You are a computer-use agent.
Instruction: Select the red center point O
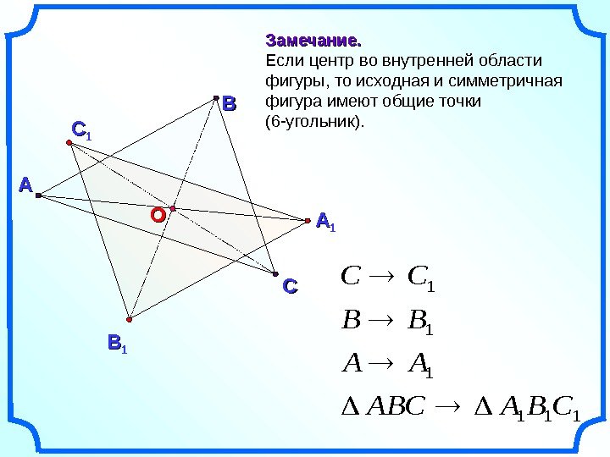[x=172, y=207]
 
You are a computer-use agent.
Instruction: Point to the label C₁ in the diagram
[x=82, y=130]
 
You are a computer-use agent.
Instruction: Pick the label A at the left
[x=25, y=184]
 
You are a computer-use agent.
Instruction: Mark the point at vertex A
[x=38, y=196]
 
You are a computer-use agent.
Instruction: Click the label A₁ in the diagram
[x=325, y=223]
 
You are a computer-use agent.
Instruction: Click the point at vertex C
[x=275, y=273]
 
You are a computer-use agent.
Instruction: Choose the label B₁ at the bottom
[x=116, y=344]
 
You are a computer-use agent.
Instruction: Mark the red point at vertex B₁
[x=130, y=319]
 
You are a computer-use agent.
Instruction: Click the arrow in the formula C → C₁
[x=384, y=277]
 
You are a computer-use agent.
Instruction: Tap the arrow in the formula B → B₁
[x=385, y=322]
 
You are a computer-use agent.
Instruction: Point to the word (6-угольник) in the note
[x=313, y=122]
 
